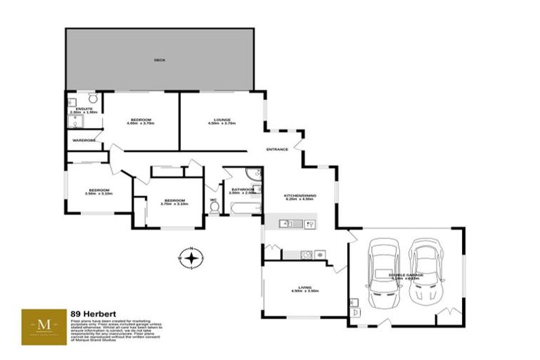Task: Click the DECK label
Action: [x=160, y=60]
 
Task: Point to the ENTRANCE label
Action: [x=277, y=149]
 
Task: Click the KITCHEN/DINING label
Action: [x=300, y=197]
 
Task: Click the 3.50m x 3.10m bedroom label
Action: [x=98, y=191]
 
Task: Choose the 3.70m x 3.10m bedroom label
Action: [x=174, y=202]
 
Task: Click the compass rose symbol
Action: [x=191, y=258]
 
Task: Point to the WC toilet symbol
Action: [x=214, y=206]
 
